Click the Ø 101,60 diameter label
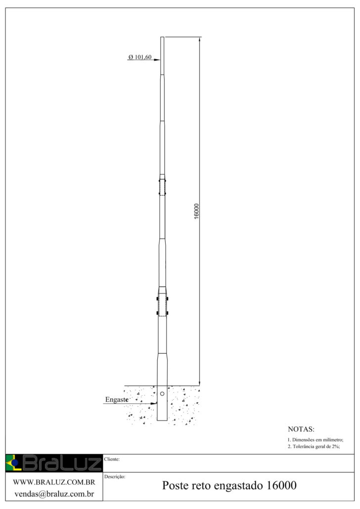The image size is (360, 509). (140, 57)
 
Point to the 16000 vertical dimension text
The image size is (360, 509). (197, 212)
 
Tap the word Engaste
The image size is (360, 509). (117, 400)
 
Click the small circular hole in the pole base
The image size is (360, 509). (162, 394)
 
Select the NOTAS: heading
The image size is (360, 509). (301, 429)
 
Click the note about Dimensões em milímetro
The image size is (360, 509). (315, 440)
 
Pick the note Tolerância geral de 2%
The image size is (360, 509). (314, 447)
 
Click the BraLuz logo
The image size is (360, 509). (54, 463)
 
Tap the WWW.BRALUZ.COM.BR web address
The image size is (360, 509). (54, 482)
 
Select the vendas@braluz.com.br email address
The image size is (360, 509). (54, 494)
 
